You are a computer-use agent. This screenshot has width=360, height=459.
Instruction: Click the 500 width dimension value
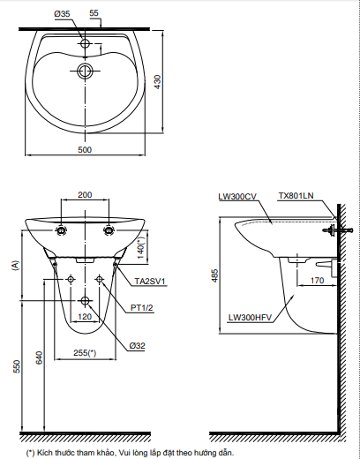(x=85, y=150)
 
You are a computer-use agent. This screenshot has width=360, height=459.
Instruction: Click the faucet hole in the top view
(x=85, y=42)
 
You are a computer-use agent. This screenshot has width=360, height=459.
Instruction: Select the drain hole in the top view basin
(x=85, y=71)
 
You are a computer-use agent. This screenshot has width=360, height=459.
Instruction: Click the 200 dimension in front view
(x=85, y=195)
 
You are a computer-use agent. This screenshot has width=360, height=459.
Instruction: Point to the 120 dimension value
(x=85, y=315)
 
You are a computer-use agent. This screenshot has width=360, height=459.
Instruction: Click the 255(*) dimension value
(x=85, y=352)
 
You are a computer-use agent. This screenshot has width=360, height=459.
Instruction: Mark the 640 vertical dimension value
(x=38, y=357)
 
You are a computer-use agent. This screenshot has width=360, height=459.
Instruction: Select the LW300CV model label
(x=236, y=196)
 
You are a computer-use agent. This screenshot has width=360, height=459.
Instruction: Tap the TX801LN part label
(x=296, y=196)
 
